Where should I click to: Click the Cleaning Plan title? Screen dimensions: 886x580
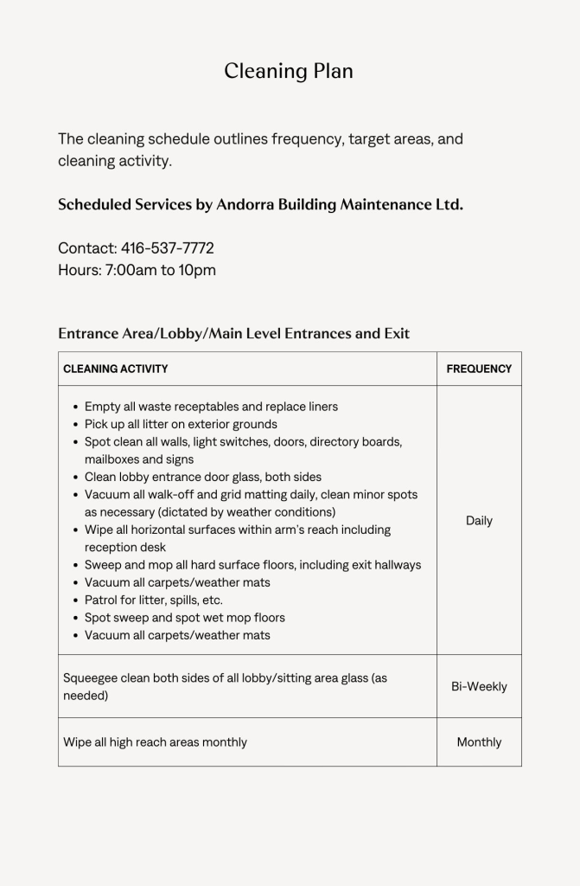(289, 71)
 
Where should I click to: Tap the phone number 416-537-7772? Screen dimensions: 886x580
(168, 248)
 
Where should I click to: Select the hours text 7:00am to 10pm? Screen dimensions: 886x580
(161, 270)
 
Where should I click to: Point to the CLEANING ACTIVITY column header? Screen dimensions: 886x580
(116, 369)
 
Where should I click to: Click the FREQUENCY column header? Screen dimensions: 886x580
(479, 369)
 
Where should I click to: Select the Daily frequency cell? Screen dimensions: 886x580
(479, 521)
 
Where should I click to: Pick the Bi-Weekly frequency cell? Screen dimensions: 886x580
(479, 687)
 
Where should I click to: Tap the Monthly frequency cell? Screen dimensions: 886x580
(479, 742)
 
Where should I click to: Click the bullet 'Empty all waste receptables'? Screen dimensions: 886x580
(211, 407)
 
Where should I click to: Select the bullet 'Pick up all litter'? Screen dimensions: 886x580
(181, 424)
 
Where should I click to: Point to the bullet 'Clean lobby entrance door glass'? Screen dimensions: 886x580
(202, 477)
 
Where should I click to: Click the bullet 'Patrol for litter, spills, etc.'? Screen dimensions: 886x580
(154, 600)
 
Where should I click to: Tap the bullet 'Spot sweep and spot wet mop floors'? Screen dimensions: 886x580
(184, 618)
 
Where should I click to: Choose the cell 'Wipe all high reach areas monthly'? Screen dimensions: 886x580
(155, 742)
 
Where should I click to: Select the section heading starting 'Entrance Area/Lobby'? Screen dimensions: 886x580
(233, 333)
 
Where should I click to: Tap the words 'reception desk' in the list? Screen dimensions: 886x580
(125, 547)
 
